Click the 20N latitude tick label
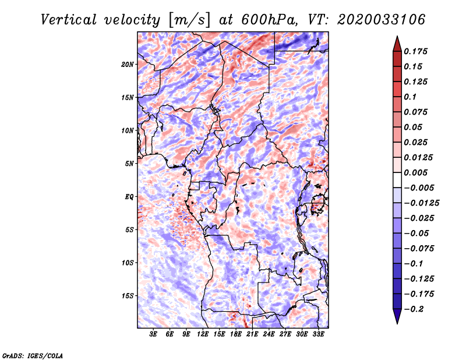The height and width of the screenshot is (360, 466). (x=128, y=65)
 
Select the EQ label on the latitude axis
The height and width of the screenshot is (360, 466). (x=129, y=197)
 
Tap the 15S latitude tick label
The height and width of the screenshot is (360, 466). (x=128, y=296)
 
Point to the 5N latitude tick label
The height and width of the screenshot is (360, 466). (x=129, y=164)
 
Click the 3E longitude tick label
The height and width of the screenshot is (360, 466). (x=153, y=334)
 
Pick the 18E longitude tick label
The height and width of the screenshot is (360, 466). (x=236, y=334)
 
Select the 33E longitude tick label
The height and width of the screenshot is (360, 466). (x=318, y=334)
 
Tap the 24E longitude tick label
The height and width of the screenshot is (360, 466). (x=269, y=334)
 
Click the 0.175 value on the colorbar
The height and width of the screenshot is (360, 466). (x=415, y=51)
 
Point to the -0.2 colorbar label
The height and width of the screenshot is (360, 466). (x=414, y=309)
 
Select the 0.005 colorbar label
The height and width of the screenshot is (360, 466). (x=415, y=172)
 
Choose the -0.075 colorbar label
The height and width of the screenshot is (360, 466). (x=419, y=249)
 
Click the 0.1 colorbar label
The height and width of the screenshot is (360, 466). (x=410, y=97)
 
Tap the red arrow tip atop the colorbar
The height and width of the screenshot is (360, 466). (x=397, y=37)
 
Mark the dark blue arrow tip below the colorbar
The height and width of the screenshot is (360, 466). (x=397, y=323)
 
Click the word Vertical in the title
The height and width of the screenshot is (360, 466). (x=69, y=20)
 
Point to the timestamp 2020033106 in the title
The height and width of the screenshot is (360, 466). (x=382, y=20)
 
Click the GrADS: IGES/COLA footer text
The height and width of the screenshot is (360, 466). (x=33, y=355)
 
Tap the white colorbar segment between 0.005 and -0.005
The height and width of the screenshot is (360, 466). (x=397, y=180)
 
